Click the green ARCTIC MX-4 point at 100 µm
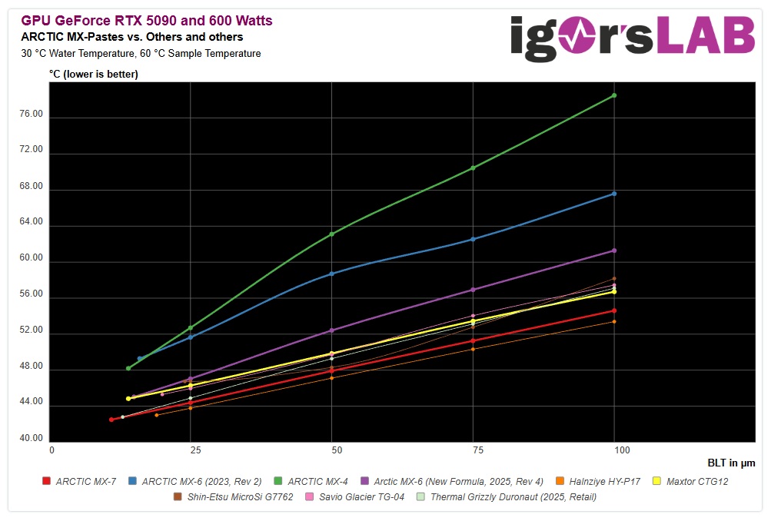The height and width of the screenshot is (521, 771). [613, 95]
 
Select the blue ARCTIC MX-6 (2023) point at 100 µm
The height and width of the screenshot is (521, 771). [613, 194]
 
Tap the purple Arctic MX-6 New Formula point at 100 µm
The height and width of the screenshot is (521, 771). [613, 251]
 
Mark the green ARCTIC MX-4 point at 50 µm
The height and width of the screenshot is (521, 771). [331, 234]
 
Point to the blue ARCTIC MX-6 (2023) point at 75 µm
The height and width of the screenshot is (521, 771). [473, 239]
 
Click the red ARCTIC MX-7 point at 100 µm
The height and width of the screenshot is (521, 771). [613, 310]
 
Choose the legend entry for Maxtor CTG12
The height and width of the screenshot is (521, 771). [691, 482]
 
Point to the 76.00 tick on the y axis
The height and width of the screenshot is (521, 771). [32, 114]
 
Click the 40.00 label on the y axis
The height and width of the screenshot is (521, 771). [32, 439]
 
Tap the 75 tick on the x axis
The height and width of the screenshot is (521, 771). [473, 450]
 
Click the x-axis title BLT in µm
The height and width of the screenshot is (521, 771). [731, 463]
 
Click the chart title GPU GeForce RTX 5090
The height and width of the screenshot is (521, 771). [147, 21]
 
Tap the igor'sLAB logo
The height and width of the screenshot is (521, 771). [632, 35]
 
